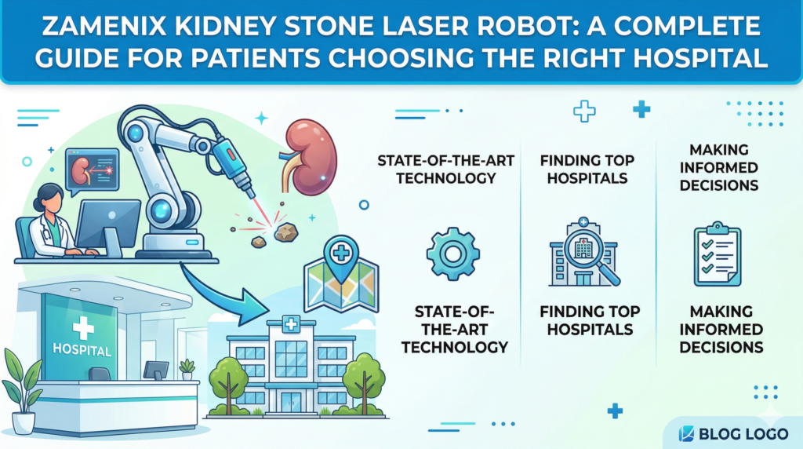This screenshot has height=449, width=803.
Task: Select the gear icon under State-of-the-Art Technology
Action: pos(452,254)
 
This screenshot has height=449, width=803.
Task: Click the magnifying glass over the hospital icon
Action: pos(598,260)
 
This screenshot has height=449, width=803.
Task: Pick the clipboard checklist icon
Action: pos(718,254)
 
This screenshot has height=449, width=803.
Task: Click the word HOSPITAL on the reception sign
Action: pos(81,348)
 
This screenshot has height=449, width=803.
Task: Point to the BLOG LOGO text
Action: pos(743,432)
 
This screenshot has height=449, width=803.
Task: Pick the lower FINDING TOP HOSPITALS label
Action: pos(590,320)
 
